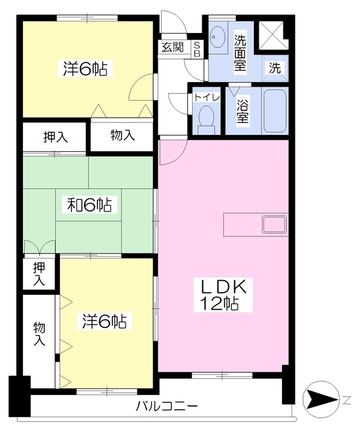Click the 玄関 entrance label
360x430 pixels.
pyautogui.click(x=172, y=47)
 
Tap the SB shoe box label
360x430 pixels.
pyautogui.click(x=197, y=49)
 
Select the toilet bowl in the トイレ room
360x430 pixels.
pyautogui.click(x=206, y=120)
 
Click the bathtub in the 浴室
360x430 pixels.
pyautogui.click(x=275, y=111)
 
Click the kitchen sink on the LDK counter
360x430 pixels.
pyautogui.click(x=275, y=224)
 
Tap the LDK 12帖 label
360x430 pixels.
pyautogui.click(x=223, y=295)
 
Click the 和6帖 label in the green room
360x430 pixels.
pyautogui.click(x=89, y=204)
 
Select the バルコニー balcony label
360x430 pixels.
pyautogui.click(x=167, y=405)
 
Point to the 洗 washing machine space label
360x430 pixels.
pyautogui.click(x=275, y=68)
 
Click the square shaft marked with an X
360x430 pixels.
pyautogui.click(x=271, y=36)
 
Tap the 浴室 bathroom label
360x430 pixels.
pyautogui.click(x=242, y=111)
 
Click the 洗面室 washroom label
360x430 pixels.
pyautogui.click(x=240, y=53)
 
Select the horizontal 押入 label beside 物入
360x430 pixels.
pyautogui.click(x=56, y=137)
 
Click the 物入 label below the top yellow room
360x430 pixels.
pyautogui.click(x=122, y=135)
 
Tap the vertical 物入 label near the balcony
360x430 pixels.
pyautogui.click(x=39, y=334)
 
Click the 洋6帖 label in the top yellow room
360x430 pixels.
pyautogui.click(x=85, y=69)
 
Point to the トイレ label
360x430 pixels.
pyautogui.click(x=207, y=97)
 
